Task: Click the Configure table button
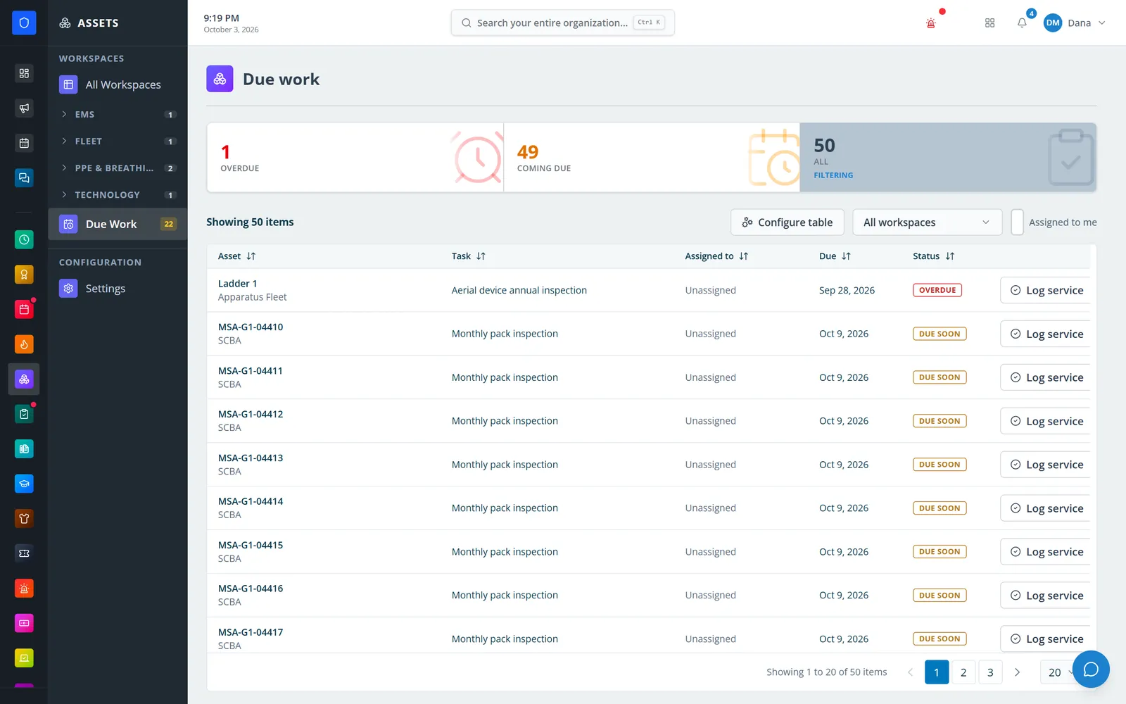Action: pyautogui.click(x=787, y=222)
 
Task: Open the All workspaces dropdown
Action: pyautogui.click(x=927, y=222)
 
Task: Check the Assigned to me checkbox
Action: pyautogui.click(x=1017, y=222)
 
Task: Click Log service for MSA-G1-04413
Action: pyautogui.click(x=1045, y=465)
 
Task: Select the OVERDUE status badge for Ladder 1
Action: pyautogui.click(x=937, y=290)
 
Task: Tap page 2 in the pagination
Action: pyautogui.click(x=963, y=672)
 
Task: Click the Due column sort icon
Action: pyautogui.click(x=846, y=256)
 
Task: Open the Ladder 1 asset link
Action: pyautogui.click(x=237, y=283)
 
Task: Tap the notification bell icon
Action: pyautogui.click(x=1021, y=23)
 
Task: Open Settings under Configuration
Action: pyautogui.click(x=105, y=289)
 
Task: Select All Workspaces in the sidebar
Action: pyautogui.click(x=122, y=84)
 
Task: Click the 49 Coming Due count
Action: pyautogui.click(x=527, y=151)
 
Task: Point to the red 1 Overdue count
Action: pyautogui.click(x=225, y=151)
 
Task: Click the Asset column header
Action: pyautogui.click(x=229, y=256)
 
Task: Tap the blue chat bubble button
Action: pyautogui.click(x=1091, y=670)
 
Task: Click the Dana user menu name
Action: pyautogui.click(x=1080, y=23)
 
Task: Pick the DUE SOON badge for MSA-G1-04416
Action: pyautogui.click(x=940, y=596)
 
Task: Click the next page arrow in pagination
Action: pyautogui.click(x=1017, y=672)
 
